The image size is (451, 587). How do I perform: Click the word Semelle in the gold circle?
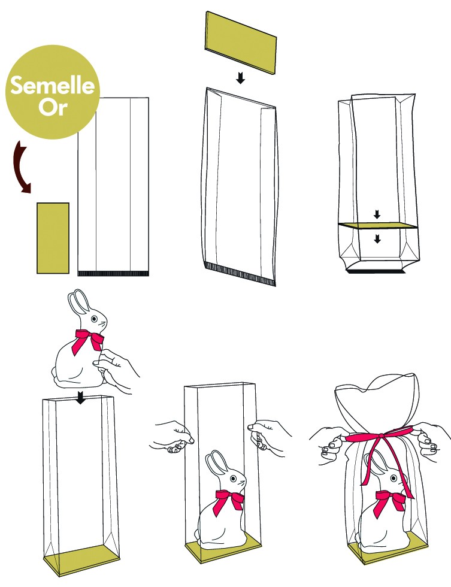[x=51, y=87]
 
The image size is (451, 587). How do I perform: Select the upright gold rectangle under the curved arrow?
[x=53, y=238]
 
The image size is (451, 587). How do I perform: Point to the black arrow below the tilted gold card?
[x=240, y=78]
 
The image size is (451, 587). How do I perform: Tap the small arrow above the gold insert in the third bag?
[x=377, y=214]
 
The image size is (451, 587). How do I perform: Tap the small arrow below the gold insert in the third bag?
[x=377, y=238]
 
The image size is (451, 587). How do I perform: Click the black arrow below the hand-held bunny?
[x=80, y=397]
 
